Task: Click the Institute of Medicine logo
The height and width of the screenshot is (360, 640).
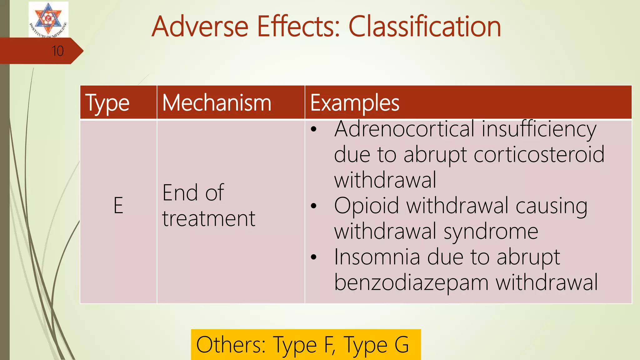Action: pos(48,19)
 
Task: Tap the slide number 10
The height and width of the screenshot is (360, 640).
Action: pos(57,51)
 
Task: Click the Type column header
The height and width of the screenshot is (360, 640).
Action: pos(107,103)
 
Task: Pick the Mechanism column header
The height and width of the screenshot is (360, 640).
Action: pos(217,103)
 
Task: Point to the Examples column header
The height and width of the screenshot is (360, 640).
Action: pos(355,103)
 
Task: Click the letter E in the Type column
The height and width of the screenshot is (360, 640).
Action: pos(118,206)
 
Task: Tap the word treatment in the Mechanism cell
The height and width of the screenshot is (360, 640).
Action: pos(209,218)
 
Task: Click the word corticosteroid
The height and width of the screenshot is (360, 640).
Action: pos(539,154)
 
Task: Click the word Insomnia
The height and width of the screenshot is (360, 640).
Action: pos(377,257)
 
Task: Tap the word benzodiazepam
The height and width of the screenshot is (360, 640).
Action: pos(411,282)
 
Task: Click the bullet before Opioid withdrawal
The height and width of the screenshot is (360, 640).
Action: pos(314,206)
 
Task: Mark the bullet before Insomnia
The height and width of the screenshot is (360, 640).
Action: pos(314,257)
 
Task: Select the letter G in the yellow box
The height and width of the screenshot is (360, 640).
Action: pos(402,345)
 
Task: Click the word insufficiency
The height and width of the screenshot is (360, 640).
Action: pos(539,129)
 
